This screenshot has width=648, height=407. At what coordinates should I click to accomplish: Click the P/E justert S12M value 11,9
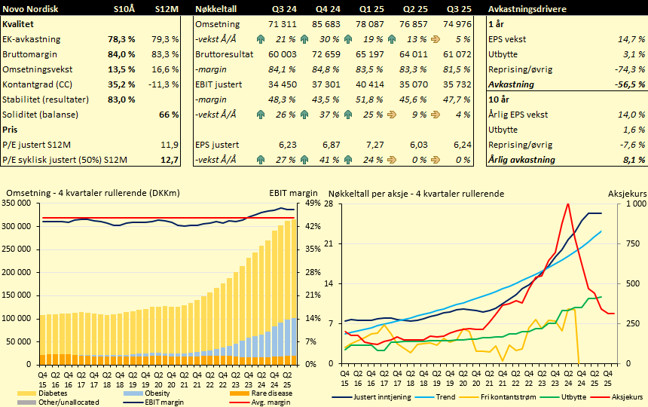click(x=170, y=144)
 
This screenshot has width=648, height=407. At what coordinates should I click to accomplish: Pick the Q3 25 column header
click(x=458, y=8)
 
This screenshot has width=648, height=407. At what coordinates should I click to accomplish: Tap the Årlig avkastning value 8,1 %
click(x=631, y=159)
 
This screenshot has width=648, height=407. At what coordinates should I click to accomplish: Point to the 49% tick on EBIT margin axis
click(x=312, y=203)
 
